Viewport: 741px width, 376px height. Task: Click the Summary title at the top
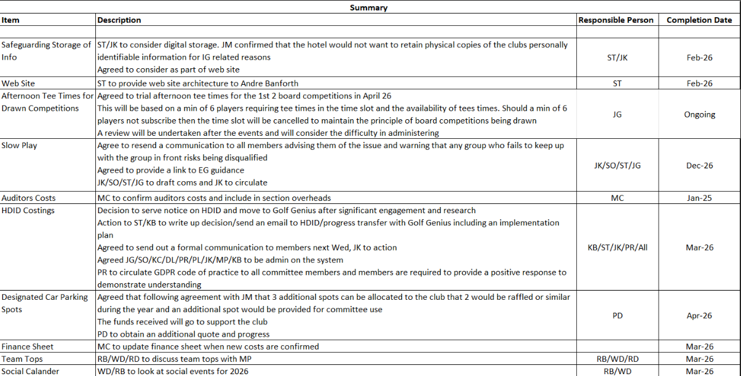(368, 7)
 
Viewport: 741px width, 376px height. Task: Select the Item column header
(10, 20)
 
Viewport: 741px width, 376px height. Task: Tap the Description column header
(119, 20)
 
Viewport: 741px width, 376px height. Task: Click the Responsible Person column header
(616, 20)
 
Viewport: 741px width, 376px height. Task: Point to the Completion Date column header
(699, 20)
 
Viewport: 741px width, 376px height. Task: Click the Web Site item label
(18, 83)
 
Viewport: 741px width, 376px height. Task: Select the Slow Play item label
(19, 146)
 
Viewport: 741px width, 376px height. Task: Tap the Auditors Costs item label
(28, 198)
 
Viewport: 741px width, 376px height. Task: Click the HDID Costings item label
(28, 210)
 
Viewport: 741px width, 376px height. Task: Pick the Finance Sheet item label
(27, 347)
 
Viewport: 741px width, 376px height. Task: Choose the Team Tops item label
(22, 359)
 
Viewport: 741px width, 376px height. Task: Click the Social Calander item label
(30, 371)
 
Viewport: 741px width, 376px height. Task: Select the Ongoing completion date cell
(699, 114)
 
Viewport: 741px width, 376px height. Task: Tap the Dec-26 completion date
(699, 165)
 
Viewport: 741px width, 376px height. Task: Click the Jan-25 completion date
(699, 198)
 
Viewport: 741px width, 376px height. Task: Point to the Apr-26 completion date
(699, 316)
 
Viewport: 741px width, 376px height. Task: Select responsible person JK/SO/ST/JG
(617, 165)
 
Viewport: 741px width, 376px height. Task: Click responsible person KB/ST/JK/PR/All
(617, 248)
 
